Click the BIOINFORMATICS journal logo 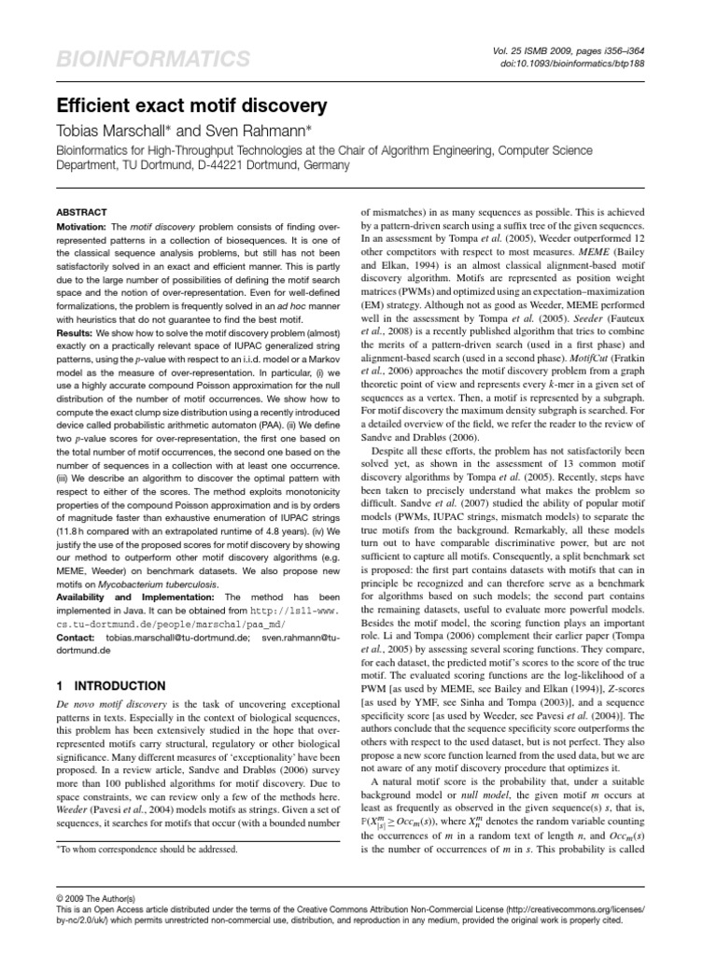point(148,60)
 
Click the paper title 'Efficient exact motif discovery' point(191,105)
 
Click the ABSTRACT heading point(82,212)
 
